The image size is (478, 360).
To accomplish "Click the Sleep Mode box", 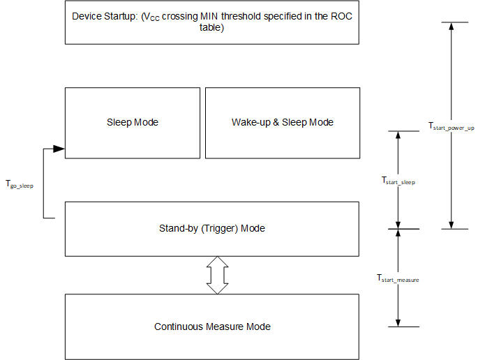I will tap(133, 123).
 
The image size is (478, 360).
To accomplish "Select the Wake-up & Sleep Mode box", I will tap(283, 123).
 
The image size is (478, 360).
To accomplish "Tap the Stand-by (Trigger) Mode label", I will tap(212, 229).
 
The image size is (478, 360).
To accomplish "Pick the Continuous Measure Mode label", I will tap(212, 327).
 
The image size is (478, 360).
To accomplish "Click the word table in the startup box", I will tap(212, 29).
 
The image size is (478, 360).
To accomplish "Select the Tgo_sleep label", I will tap(19, 185).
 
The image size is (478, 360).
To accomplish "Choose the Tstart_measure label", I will tap(398, 278).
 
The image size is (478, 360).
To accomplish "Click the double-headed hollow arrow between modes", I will tap(218, 275).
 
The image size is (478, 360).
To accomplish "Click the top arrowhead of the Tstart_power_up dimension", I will tap(451, 26).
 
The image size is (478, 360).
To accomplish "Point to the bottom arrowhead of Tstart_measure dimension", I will tap(398, 322).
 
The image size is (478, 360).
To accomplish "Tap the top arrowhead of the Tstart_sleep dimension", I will tap(398, 135).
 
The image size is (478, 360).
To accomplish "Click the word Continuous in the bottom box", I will tap(178, 327).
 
